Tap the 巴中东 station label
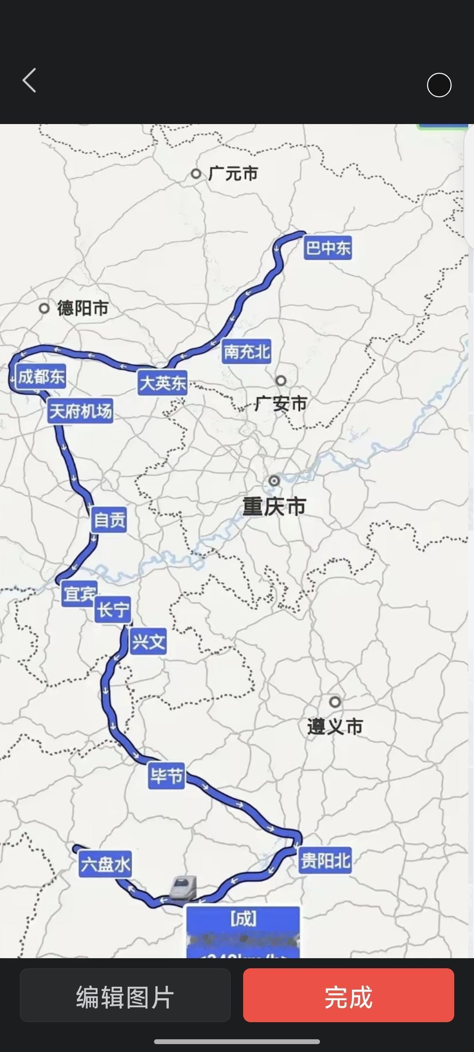pos(328,249)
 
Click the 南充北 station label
pos(246,352)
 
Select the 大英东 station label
pos(162,383)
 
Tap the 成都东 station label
pos(41,377)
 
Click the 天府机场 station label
pos(80,411)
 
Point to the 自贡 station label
pos(109,520)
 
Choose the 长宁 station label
pos(113,610)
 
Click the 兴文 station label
pos(148,642)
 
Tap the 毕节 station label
pos(166,776)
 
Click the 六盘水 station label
pos(105,864)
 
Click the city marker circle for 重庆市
pos(274,481)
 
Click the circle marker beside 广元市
pos(196,174)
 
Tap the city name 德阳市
pos(83,308)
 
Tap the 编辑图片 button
pos(125,996)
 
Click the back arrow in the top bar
pos(29,81)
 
